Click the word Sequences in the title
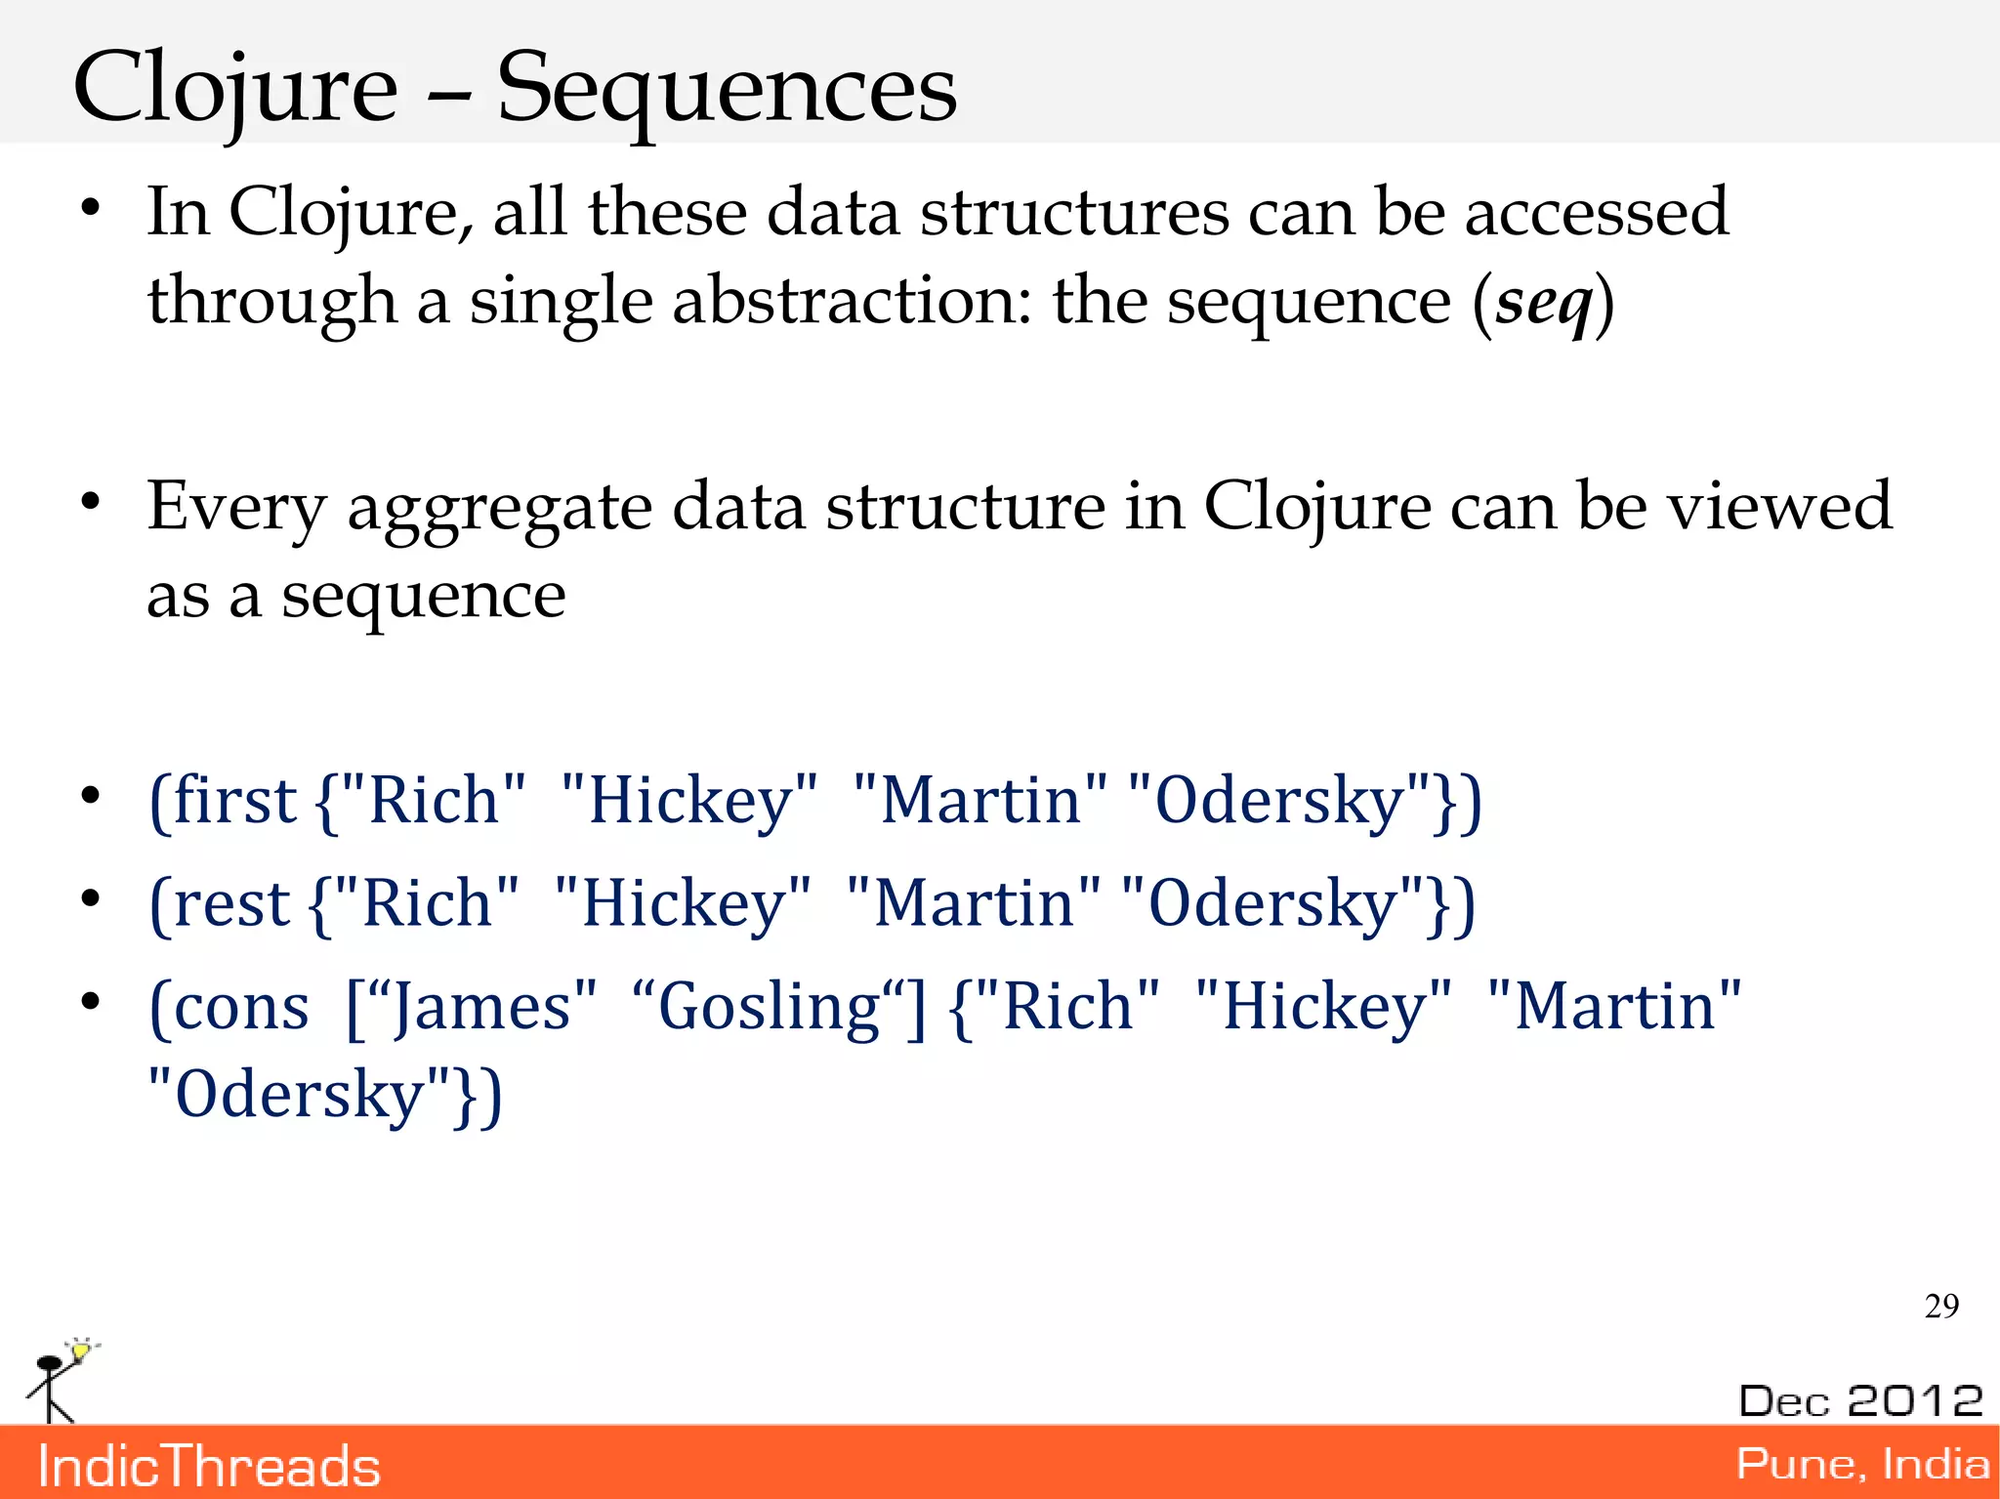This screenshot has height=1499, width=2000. point(727,90)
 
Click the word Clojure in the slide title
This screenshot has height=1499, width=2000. point(235,90)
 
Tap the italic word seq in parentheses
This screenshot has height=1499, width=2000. point(1543,303)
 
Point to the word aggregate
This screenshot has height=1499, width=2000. point(499,509)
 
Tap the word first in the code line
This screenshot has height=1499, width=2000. point(233,801)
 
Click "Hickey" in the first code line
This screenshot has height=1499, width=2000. point(689,801)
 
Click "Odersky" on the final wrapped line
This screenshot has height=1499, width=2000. point(299,1095)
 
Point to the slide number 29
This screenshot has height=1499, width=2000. point(1941,1306)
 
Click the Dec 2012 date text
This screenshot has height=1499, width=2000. point(1860,1400)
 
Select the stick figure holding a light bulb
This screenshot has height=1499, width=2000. point(59,1379)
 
